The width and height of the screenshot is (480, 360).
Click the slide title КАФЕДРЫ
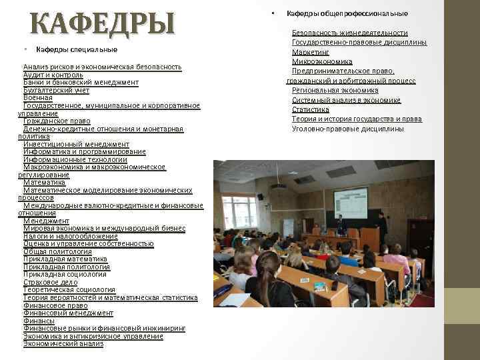[x=102, y=24]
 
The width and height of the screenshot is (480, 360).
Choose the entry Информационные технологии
[x=75, y=159]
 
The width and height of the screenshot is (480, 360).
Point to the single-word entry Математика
[x=44, y=182]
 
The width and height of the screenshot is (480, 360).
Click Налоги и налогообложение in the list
[x=70, y=236]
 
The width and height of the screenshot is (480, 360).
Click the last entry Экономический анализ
[x=63, y=344]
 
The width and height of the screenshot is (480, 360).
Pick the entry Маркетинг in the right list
[x=311, y=51]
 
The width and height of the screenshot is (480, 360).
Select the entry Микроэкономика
[x=322, y=61]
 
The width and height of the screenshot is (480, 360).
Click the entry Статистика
[x=310, y=109]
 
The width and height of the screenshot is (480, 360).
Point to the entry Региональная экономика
[x=335, y=90]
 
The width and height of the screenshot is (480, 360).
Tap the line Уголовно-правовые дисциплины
[x=347, y=129]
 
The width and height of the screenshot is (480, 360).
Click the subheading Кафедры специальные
[x=76, y=49]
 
